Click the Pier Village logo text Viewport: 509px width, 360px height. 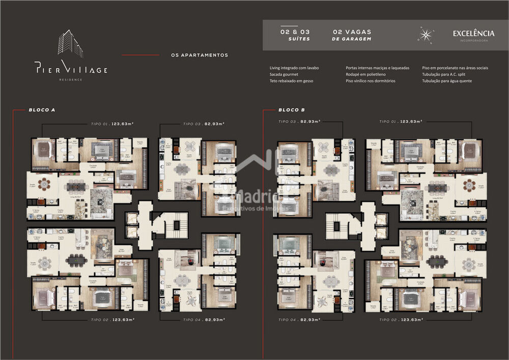click(x=71, y=69)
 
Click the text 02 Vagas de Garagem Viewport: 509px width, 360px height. click(x=351, y=35)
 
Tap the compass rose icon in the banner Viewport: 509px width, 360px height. click(x=426, y=35)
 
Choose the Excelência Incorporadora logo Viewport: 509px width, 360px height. click(x=473, y=35)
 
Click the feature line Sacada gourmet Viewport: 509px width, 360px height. click(x=284, y=74)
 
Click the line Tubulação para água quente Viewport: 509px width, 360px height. click(x=447, y=81)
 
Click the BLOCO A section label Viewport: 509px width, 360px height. click(x=42, y=109)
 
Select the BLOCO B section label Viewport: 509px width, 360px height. click(x=292, y=109)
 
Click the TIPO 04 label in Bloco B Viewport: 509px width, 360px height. click(x=299, y=319)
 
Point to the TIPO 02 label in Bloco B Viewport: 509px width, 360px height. click(x=401, y=319)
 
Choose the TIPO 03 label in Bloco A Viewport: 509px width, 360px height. click(x=204, y=124)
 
